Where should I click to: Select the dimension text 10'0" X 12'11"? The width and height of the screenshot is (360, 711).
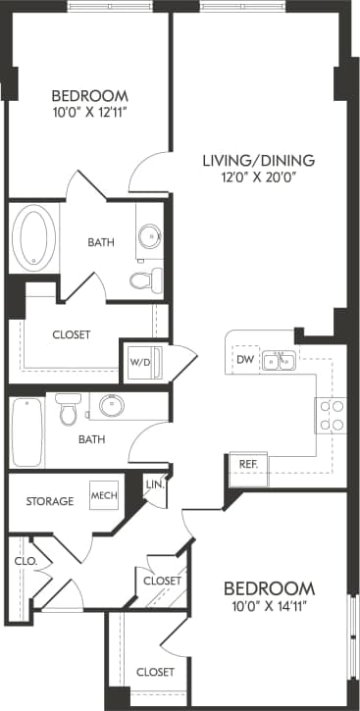(89, 113)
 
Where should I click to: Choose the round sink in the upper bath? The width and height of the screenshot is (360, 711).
(149, 236)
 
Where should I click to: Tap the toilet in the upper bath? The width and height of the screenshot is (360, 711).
(144, 279)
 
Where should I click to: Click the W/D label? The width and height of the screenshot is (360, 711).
(140, 362)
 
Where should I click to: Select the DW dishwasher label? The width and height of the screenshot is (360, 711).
(244, 360)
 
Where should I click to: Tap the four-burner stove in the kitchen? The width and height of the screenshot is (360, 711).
(331, 416)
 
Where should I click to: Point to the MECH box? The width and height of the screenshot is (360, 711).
(104, 495)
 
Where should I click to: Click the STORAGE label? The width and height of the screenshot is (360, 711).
(49, 501)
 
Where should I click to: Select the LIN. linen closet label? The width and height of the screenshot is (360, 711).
(154, 484)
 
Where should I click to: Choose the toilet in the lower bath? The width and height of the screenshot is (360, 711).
(67, 409)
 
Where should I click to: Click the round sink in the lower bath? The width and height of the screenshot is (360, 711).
(109, 406)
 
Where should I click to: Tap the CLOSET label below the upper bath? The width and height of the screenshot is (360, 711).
(71, 334)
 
